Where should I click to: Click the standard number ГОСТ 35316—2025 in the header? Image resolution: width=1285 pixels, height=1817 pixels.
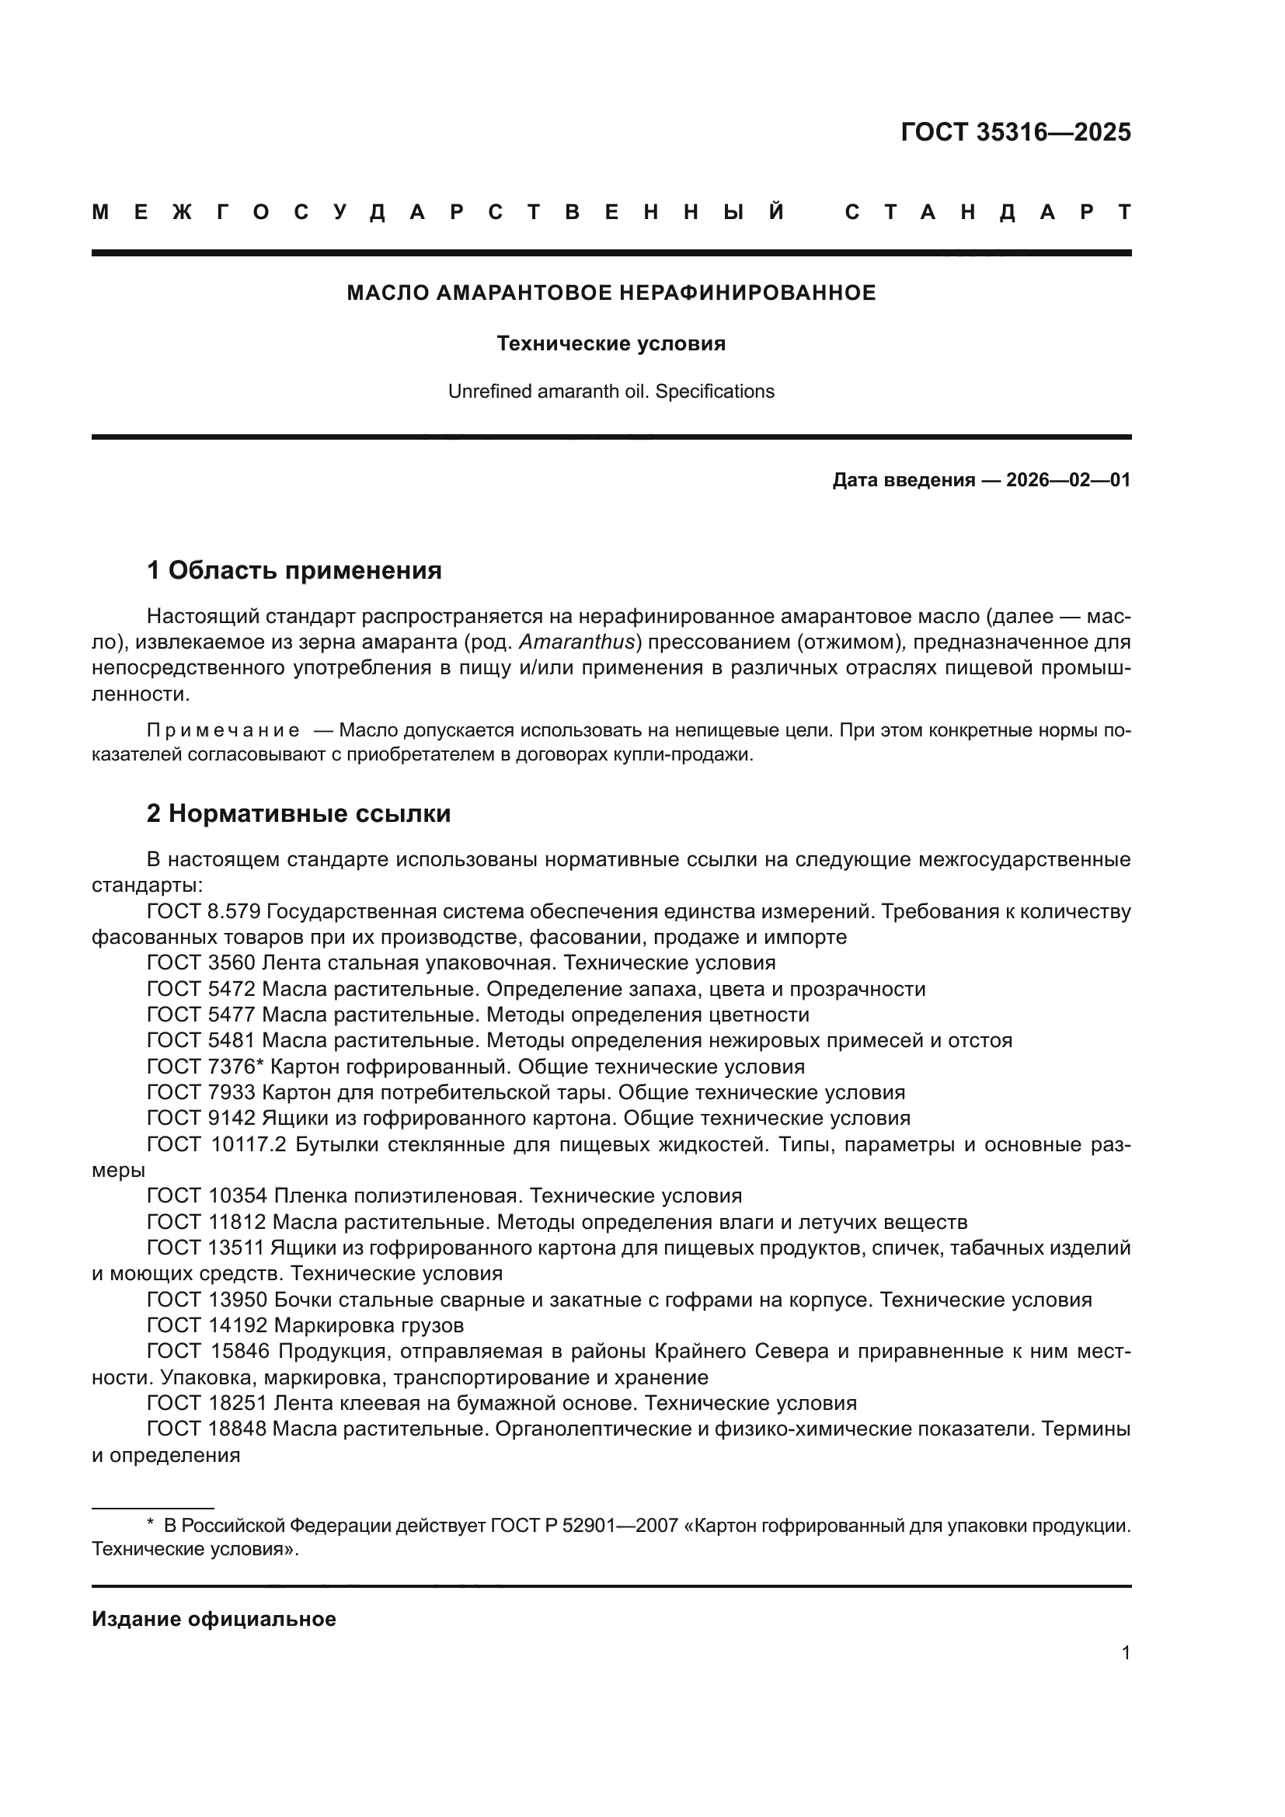1015,132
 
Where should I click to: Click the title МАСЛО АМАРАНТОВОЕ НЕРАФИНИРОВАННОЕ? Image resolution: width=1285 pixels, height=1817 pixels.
611,293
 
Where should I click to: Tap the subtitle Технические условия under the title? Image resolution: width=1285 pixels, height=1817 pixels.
611,343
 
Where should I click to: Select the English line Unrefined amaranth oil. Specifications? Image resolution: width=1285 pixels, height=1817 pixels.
611,392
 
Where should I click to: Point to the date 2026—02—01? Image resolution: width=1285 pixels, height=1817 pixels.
1067,480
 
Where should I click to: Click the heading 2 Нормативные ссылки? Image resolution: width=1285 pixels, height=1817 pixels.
298,813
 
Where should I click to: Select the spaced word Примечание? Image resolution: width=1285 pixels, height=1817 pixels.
223,730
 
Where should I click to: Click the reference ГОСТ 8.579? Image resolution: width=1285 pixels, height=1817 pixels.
204,912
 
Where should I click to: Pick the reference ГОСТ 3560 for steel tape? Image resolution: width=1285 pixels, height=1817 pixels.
201,963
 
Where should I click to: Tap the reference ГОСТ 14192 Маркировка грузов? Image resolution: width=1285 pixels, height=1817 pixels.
305,1325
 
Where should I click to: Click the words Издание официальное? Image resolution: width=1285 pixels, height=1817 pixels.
214,1619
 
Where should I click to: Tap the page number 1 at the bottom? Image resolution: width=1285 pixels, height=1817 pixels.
1125,1653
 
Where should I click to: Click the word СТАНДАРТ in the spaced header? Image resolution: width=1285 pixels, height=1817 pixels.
987,212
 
